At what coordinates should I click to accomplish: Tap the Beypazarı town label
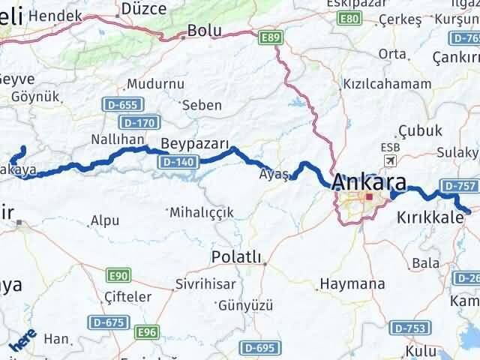coord(194,142)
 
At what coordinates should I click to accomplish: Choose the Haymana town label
coord(352,284)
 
